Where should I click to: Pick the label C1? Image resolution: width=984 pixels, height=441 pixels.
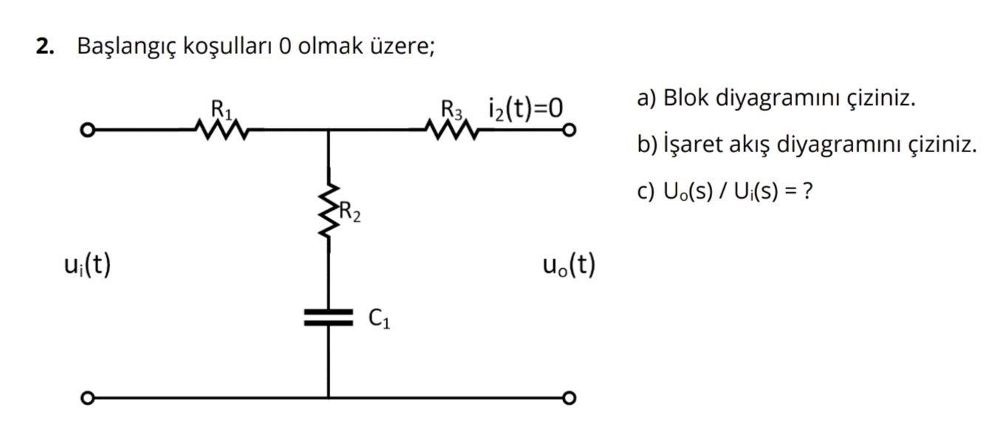point(380,318)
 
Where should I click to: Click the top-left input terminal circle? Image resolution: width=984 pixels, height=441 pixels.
point(87,131)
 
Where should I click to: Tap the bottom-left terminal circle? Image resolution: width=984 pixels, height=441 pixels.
point(87,398)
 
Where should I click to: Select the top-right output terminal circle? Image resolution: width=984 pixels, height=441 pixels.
point(568,131)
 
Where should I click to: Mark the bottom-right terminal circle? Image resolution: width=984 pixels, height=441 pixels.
point(568,398)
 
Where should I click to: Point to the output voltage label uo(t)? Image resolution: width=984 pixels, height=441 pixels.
point(568,264)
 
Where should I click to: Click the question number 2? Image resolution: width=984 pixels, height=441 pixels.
point(46,47)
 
